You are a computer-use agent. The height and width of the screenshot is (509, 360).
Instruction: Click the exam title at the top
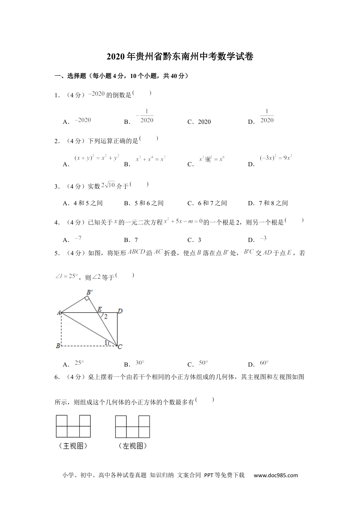(x=180, y=57)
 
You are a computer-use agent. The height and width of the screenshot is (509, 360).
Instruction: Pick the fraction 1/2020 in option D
(x=267, y=116)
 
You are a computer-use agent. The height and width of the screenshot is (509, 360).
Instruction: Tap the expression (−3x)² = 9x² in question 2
(x=275, y=158)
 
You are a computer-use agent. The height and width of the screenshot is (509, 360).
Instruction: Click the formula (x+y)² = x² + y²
(x=97, y=158)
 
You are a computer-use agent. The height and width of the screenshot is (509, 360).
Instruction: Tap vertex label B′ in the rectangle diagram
(x=89, y=292)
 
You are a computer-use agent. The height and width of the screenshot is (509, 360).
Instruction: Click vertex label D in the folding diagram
(x=120, y=311)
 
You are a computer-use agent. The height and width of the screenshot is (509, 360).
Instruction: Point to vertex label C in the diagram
(x=120, y=347)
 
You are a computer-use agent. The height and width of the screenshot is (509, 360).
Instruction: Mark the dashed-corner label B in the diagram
(x=58, y=346)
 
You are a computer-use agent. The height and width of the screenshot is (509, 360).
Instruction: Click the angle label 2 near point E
(x=106, y=317)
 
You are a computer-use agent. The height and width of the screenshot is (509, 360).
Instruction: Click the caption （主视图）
(x=73, y=446)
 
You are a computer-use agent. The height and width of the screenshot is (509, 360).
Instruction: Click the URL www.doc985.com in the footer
(x=275, y=475)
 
